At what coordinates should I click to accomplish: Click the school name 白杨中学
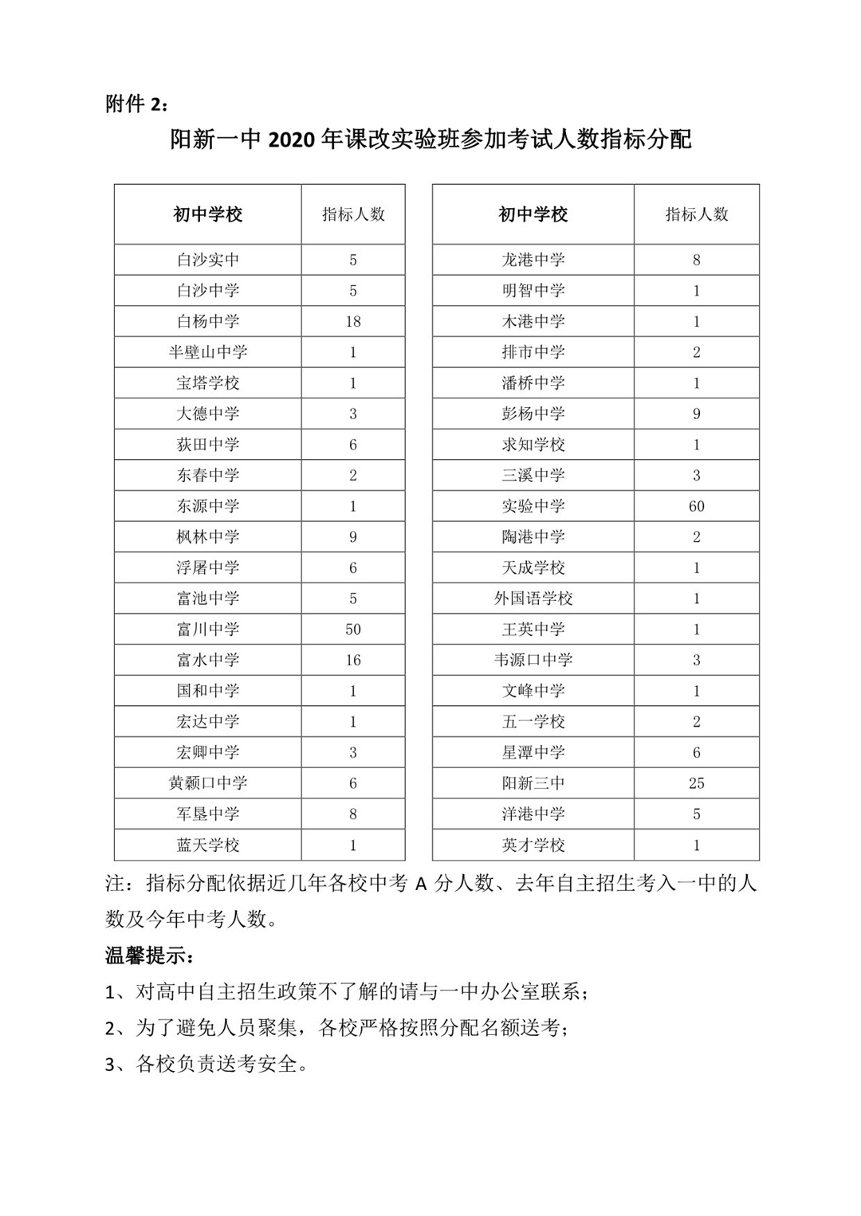[x=207, y=321]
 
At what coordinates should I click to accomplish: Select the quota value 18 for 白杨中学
[x=353, y=321]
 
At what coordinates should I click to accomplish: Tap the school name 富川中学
[x=207, y=630]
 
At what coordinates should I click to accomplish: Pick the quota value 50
[x=353, y=630]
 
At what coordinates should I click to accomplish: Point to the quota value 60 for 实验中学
[x=696, y=506]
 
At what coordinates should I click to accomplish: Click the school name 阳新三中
[x=533, y=783]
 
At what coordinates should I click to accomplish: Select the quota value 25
[x=696, y=783]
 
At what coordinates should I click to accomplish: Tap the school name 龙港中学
[x=533, y=260]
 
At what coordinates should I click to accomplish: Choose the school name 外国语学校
[x=533, y=598]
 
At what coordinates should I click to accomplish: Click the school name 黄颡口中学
[x=207, y=783]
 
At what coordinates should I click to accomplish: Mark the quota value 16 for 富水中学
[x=353, y=660]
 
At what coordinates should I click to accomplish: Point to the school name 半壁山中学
[x=207, y=352]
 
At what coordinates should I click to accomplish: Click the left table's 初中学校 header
[x=207, y=214]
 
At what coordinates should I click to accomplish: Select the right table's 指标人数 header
[x=696, y=214]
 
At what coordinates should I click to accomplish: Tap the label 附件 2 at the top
[x=136, y=104]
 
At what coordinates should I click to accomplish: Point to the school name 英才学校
[x=533, y=845]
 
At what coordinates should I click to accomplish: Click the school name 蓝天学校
[x=207, y=845]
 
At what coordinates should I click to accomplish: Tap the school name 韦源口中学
[x=533, y=660]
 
